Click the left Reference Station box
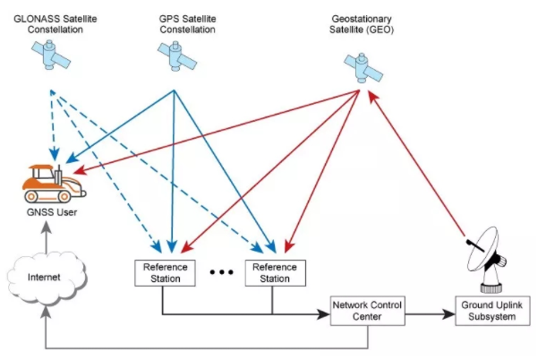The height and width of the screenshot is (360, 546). pos(162,272)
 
